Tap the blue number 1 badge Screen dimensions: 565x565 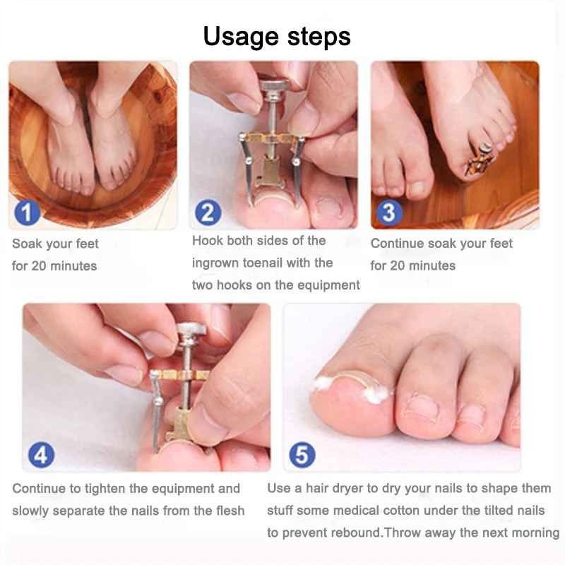(26, 212)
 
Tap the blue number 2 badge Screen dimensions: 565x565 (207, 212)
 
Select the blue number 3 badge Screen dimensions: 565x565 (388, 212)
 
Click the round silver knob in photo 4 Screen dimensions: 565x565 (192, 330)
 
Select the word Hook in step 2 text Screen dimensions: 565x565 (207, 241)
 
